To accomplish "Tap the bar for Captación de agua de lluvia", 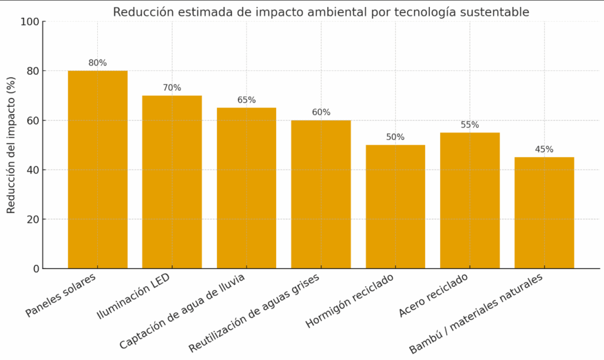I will [247, 188].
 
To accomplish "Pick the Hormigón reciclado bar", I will [395, 207].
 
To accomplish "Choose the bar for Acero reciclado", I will [470, 201].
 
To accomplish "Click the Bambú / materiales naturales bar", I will [544, 212].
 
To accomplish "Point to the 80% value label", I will [97, 63].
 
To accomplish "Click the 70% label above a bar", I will [172, 88].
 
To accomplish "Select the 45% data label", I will [544, 149].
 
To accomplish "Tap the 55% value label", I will [470, 125].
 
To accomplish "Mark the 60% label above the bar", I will [321, 113].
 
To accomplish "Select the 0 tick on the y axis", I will [36, 269].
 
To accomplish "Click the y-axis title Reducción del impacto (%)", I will [11, 145].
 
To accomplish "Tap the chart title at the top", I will [321, 12].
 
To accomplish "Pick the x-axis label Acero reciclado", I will [434, 295].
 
